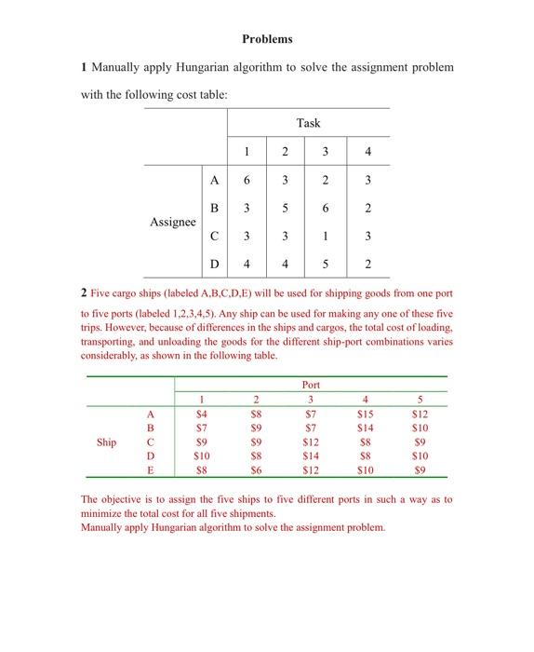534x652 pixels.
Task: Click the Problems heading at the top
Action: (267, 39)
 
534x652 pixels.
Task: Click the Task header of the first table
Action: (308, 123)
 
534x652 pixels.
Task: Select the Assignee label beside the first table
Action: (172, 223)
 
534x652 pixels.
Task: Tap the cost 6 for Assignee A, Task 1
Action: (247, 181)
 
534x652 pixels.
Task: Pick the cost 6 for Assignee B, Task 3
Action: (326, 209)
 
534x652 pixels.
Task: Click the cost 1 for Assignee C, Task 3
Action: (326, 237)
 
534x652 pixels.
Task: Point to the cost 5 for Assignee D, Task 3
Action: (326, 265)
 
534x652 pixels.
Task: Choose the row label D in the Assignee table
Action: (215, 265)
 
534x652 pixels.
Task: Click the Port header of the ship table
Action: (311, 385)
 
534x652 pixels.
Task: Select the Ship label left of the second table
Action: (106, 442)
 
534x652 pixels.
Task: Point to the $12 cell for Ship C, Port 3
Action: (311, 442)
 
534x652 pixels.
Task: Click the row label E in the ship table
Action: (149, 471)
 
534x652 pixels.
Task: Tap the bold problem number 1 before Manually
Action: (84, 68)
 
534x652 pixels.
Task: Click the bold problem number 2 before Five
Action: (84, 294)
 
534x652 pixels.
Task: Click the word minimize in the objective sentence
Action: (103, 513)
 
